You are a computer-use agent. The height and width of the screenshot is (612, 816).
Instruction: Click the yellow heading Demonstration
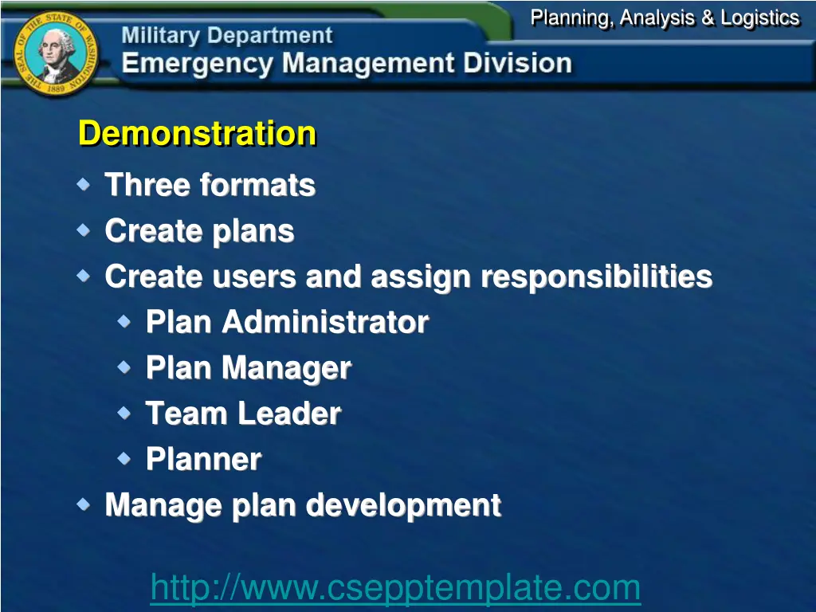coord(197,133)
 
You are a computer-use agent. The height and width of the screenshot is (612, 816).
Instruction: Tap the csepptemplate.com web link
coord(395,588)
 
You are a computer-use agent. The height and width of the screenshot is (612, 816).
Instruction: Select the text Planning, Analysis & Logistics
coord(665,18)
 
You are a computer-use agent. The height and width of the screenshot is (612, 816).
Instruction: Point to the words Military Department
coord(227,36)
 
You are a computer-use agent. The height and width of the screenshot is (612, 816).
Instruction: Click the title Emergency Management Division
coord(347,64)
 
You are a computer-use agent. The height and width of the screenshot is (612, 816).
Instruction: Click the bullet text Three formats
coord(210,185)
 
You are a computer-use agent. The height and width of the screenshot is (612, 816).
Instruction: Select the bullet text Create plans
coord(199,231)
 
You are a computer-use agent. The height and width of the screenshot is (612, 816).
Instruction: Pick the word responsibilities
coord(596,277)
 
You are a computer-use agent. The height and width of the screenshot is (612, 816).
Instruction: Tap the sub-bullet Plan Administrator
coord(287,323)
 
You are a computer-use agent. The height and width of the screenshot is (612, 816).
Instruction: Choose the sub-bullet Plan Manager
coord(248,368)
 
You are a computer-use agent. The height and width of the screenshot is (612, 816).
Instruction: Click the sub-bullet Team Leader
coord(243,414)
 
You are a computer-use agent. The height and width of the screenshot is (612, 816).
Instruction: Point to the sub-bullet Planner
coord(203,459)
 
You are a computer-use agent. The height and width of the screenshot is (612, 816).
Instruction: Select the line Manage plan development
coord(303,505)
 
